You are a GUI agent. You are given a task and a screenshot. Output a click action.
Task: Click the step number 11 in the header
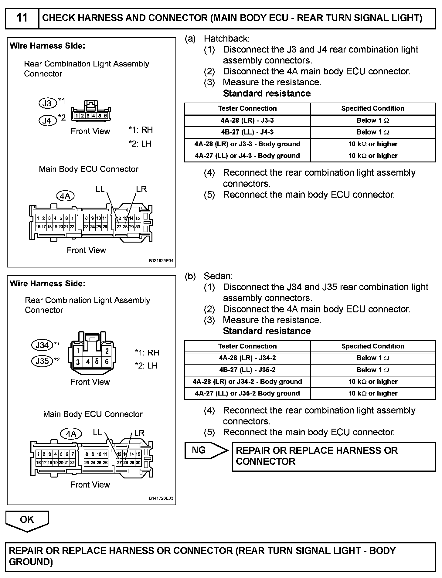click(x=22, y=18)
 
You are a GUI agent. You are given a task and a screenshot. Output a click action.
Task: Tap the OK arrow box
click(x=27, y=520)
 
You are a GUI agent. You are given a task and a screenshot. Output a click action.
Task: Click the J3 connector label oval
click(x=47, y=103)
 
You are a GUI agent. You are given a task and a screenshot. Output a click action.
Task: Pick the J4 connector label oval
click(x=47, y=121)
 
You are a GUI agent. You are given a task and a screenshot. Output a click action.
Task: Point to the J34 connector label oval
click(x=42, y=345)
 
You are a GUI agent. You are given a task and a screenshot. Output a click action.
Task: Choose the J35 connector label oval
click(x=42, y=361)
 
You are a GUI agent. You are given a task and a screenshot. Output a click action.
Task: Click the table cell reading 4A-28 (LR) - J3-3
click(x=247, y=121)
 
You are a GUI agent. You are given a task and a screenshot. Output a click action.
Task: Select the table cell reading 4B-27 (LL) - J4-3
click(x=247, y=132)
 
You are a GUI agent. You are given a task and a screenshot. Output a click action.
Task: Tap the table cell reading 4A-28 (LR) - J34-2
click(x=247, y=358)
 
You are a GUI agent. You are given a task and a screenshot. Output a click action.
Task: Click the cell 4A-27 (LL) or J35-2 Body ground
click(x=247, y=393)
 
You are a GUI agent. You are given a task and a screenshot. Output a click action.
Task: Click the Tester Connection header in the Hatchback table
click(x=247, y=109)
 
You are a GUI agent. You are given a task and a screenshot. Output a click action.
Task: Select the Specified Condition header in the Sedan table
click(x=372, y=346)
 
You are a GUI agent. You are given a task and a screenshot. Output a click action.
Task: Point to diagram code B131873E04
click(x=161, y=261)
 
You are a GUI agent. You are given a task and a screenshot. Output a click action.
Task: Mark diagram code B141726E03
click(x=161, y=498)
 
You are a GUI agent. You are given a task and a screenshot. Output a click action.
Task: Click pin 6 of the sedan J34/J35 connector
click(x=107, y=362)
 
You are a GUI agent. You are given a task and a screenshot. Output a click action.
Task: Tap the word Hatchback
click(x=226, y=39)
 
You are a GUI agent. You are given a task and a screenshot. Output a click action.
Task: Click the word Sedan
click(x=218, y=276)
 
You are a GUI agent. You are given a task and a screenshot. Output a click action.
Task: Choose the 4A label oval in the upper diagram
click(x=65, y=196)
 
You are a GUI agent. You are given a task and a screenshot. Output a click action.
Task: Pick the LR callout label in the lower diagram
click(x=139, y=433)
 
